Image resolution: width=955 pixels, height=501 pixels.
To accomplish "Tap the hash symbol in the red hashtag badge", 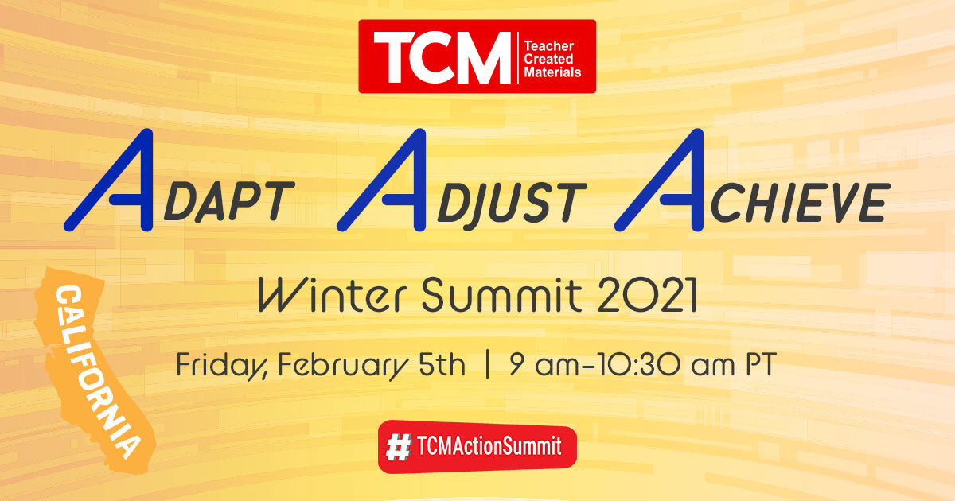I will pyautogui.click(x=396, y=448).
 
